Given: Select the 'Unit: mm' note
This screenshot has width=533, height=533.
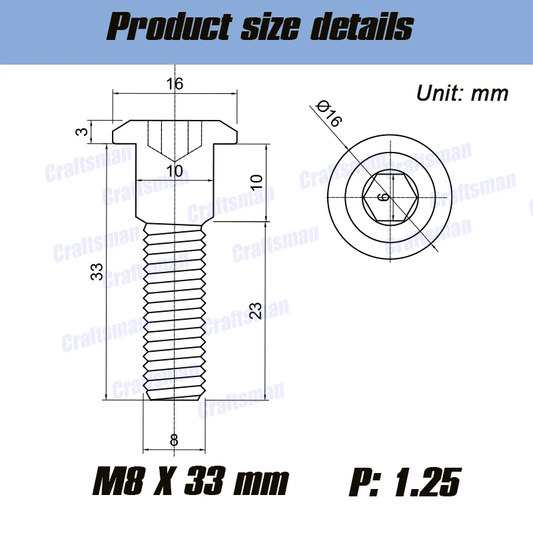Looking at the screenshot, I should click(x=462, y=93).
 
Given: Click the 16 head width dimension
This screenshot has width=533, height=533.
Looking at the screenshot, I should click(x=175, y=83).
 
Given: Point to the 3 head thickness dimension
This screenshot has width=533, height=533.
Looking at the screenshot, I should click(x=81, y=132).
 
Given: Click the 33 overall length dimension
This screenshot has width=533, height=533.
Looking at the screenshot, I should click(x=95, y=272).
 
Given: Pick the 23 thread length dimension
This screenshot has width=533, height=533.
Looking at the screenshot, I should click(x=255, y=311).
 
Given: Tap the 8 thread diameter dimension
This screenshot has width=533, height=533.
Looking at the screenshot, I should click(x=174, y=440).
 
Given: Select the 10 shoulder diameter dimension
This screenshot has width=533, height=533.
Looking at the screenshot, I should click(x=174, y=171).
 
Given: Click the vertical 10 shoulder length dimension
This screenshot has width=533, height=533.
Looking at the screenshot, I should click(x=255, y=181).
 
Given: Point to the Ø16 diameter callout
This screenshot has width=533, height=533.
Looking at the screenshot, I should click(x=329, y=113).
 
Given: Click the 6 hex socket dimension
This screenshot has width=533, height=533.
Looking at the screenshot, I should click(x=381, y=197).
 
